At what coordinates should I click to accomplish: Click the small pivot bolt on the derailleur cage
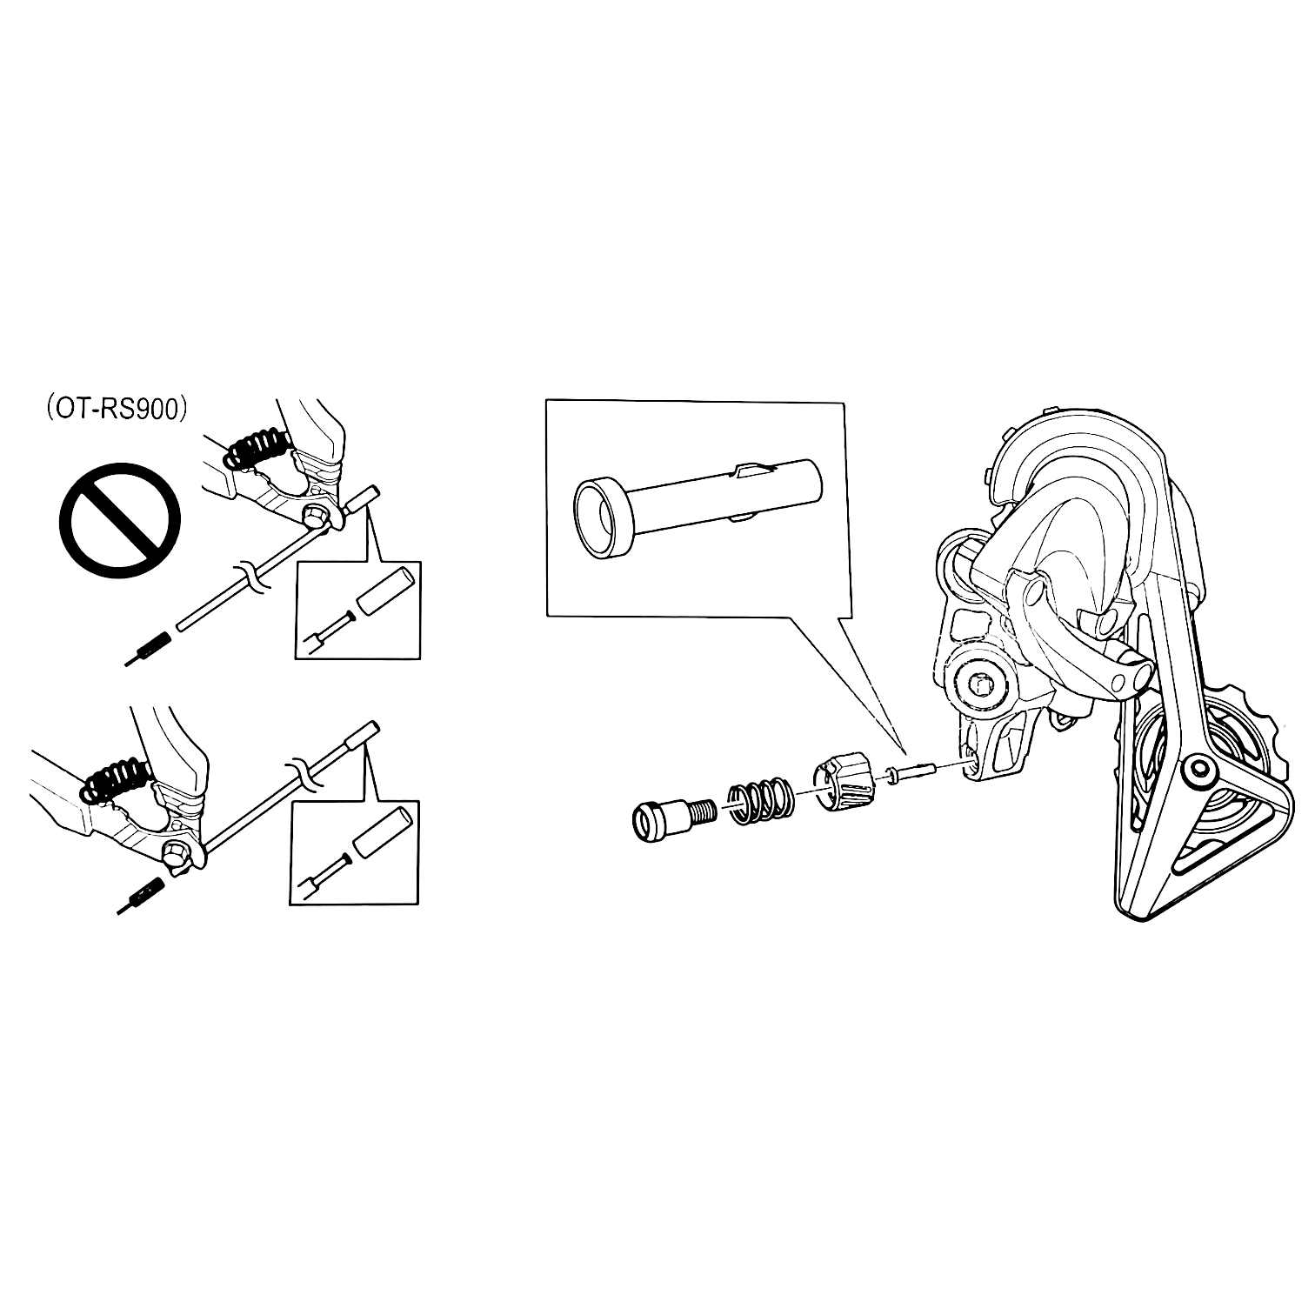pos(1201,769)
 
